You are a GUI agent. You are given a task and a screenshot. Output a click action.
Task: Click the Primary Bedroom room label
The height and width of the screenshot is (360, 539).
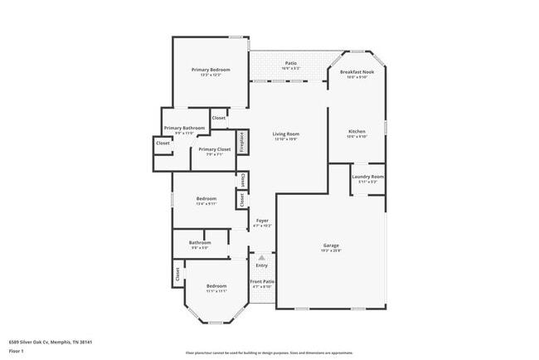click(211, 70)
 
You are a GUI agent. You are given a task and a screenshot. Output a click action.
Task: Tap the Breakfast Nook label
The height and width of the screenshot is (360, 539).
click(357, 72)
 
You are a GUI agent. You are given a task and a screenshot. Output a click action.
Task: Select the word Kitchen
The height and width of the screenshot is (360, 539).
click(357, 132)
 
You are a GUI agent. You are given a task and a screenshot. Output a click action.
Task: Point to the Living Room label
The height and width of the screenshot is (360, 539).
click(286, 134)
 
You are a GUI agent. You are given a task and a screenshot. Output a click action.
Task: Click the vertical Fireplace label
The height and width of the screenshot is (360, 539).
click(241, 141)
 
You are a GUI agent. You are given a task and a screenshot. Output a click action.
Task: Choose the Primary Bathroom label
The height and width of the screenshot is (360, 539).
click(184, 128)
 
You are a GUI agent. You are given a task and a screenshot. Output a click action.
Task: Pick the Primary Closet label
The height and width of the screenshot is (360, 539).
click(214, 149)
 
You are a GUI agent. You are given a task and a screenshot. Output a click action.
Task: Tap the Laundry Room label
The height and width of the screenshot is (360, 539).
click(367, 177)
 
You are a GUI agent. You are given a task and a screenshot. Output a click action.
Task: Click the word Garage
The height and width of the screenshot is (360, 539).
click(331, 245)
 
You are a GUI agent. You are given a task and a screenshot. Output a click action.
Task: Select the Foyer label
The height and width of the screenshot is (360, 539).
click(262, 220)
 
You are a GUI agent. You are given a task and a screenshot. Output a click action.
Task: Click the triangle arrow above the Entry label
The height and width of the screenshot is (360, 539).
click(262, 257)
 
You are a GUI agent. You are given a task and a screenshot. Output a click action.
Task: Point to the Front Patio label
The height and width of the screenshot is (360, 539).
click(262, 282)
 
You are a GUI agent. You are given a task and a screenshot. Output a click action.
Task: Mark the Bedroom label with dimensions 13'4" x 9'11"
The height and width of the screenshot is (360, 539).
click(206, 198)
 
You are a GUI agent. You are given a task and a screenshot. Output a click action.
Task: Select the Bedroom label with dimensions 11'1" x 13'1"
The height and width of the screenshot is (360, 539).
click(216, 285)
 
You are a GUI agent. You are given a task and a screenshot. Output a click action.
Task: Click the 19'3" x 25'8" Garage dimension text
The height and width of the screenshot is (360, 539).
click(331, 251)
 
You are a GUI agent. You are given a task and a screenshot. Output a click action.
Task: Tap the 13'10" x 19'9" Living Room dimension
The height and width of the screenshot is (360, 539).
click(286, 139)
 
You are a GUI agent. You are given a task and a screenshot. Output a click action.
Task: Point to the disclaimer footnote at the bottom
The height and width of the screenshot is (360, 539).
click(269, 353)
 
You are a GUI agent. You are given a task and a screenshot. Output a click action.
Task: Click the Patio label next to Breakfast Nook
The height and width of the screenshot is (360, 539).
click(291, 62)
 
